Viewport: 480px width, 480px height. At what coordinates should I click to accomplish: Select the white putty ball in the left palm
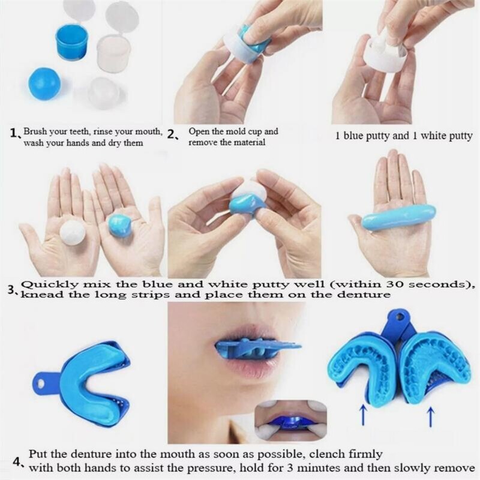73,232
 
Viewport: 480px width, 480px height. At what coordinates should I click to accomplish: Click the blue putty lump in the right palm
120,226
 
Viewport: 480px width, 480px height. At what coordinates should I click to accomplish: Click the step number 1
13,133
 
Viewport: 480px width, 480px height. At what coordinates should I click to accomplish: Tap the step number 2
172,135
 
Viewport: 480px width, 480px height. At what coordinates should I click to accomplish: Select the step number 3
11,290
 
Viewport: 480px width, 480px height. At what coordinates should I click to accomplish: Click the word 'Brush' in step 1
34,131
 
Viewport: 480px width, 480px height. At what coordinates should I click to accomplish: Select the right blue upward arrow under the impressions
430,416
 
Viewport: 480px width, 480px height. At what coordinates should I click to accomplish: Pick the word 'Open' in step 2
199,131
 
